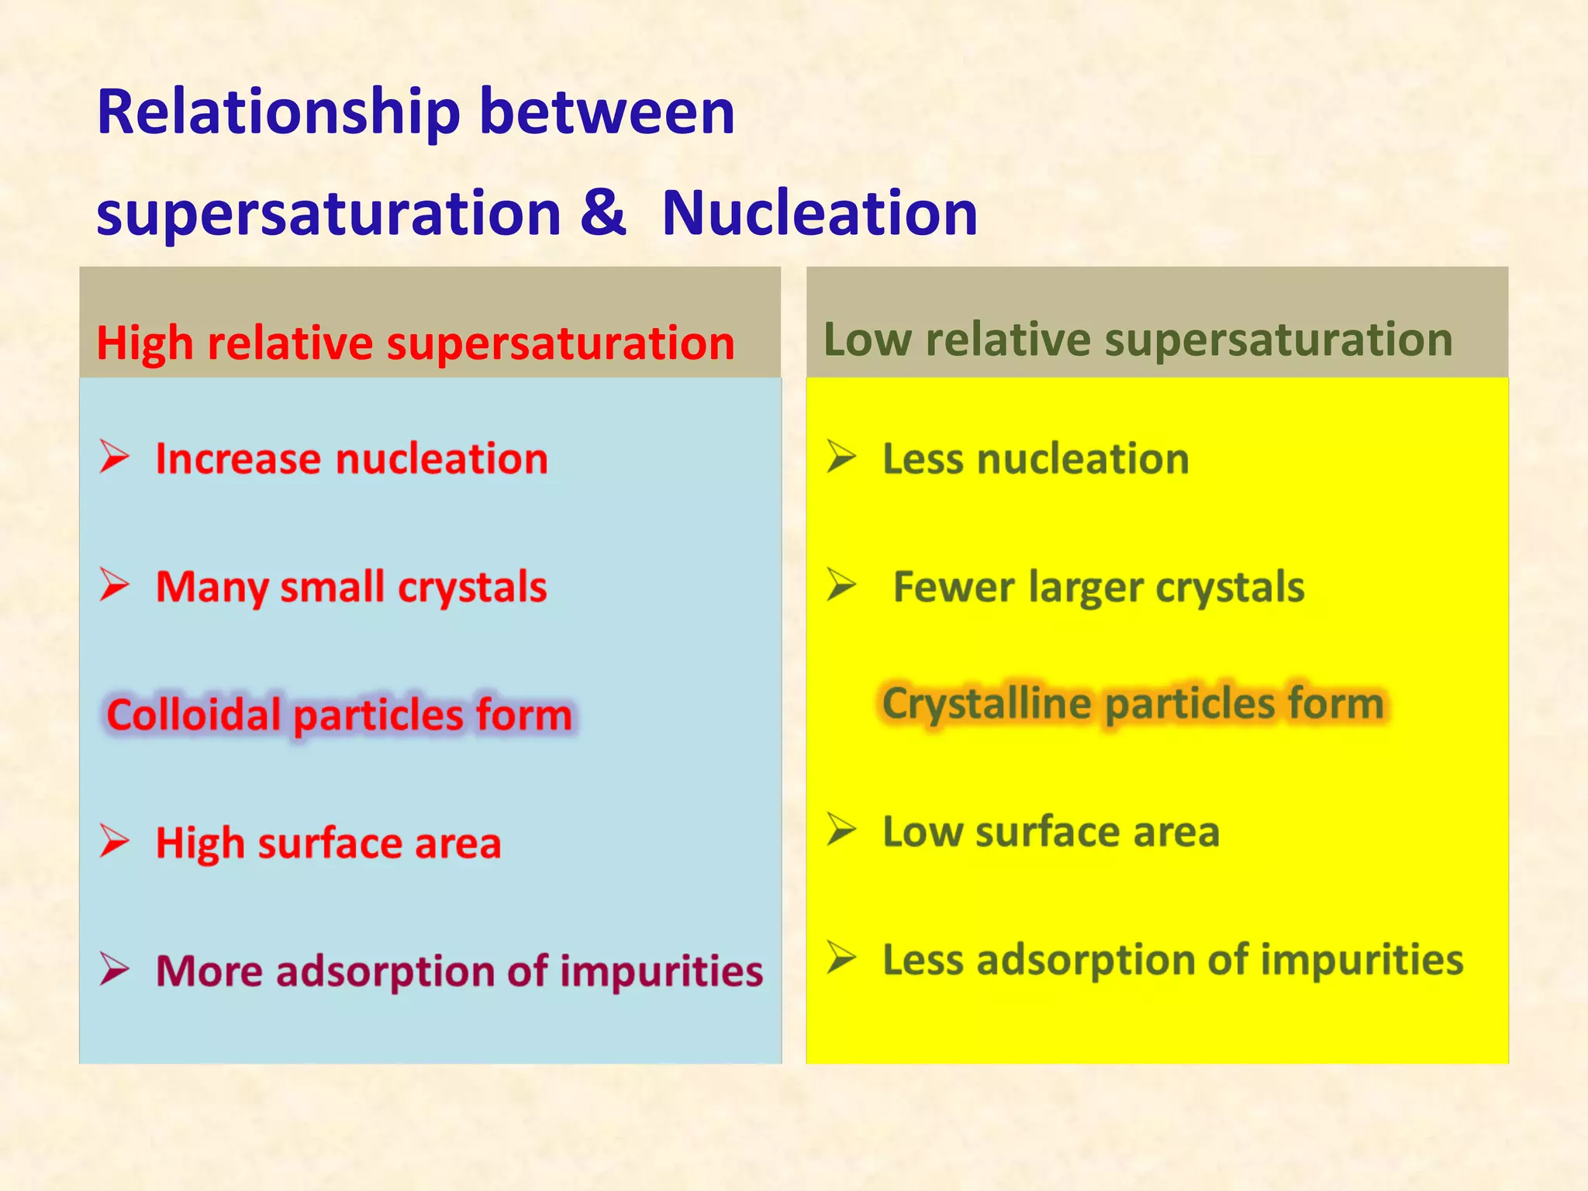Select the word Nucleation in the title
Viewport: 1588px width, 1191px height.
click(x=820, y=212)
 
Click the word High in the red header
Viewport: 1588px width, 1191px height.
click(x=144, y=343)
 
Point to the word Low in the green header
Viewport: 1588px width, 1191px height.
click(x=867, y=340)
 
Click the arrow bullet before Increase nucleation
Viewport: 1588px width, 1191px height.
click(x=115, y=456)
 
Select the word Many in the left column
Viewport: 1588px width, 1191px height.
click(x=211, y=587)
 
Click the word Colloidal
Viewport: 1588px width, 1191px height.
click(x=193, y=714)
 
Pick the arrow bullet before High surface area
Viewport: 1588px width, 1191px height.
click(x=115, y=841)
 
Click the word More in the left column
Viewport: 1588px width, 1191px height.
click(x=209, y=971)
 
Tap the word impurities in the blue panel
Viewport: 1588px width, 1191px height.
click(x=661, y=971)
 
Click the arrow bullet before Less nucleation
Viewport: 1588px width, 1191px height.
click(x=841, y=456)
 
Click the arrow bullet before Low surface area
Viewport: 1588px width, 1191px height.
click(x=841, y=830)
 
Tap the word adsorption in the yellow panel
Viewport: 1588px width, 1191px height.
click(x=1086, y=960)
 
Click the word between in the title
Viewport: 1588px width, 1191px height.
click(x=607, y=113)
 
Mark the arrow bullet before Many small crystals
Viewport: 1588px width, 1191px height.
click(x=115, y=585)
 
